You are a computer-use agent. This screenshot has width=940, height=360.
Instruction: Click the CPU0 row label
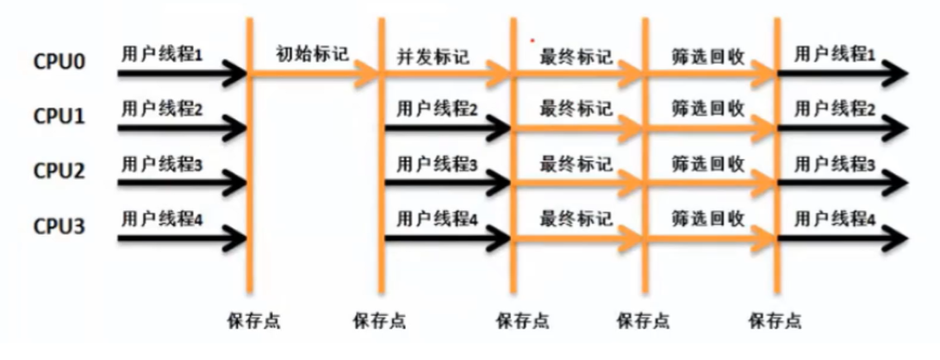tap(59, 63)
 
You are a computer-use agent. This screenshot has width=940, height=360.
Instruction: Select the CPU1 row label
tap(59, 117)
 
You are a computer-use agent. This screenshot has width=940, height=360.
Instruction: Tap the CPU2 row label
tap(59, 170)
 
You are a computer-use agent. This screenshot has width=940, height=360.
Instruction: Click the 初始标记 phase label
tap(312, 54)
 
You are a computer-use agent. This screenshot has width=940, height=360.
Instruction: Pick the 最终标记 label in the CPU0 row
tap(576, 57)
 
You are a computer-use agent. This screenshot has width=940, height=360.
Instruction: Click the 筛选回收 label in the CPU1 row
tap(708, 109)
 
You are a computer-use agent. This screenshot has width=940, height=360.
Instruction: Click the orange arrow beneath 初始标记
tap(314, 77)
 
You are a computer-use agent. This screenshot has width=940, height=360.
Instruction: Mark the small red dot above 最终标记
tap(532, 38)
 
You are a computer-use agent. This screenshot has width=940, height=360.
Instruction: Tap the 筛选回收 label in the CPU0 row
tap(708, 57)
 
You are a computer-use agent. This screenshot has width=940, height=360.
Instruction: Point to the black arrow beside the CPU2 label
tap(181, 183)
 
